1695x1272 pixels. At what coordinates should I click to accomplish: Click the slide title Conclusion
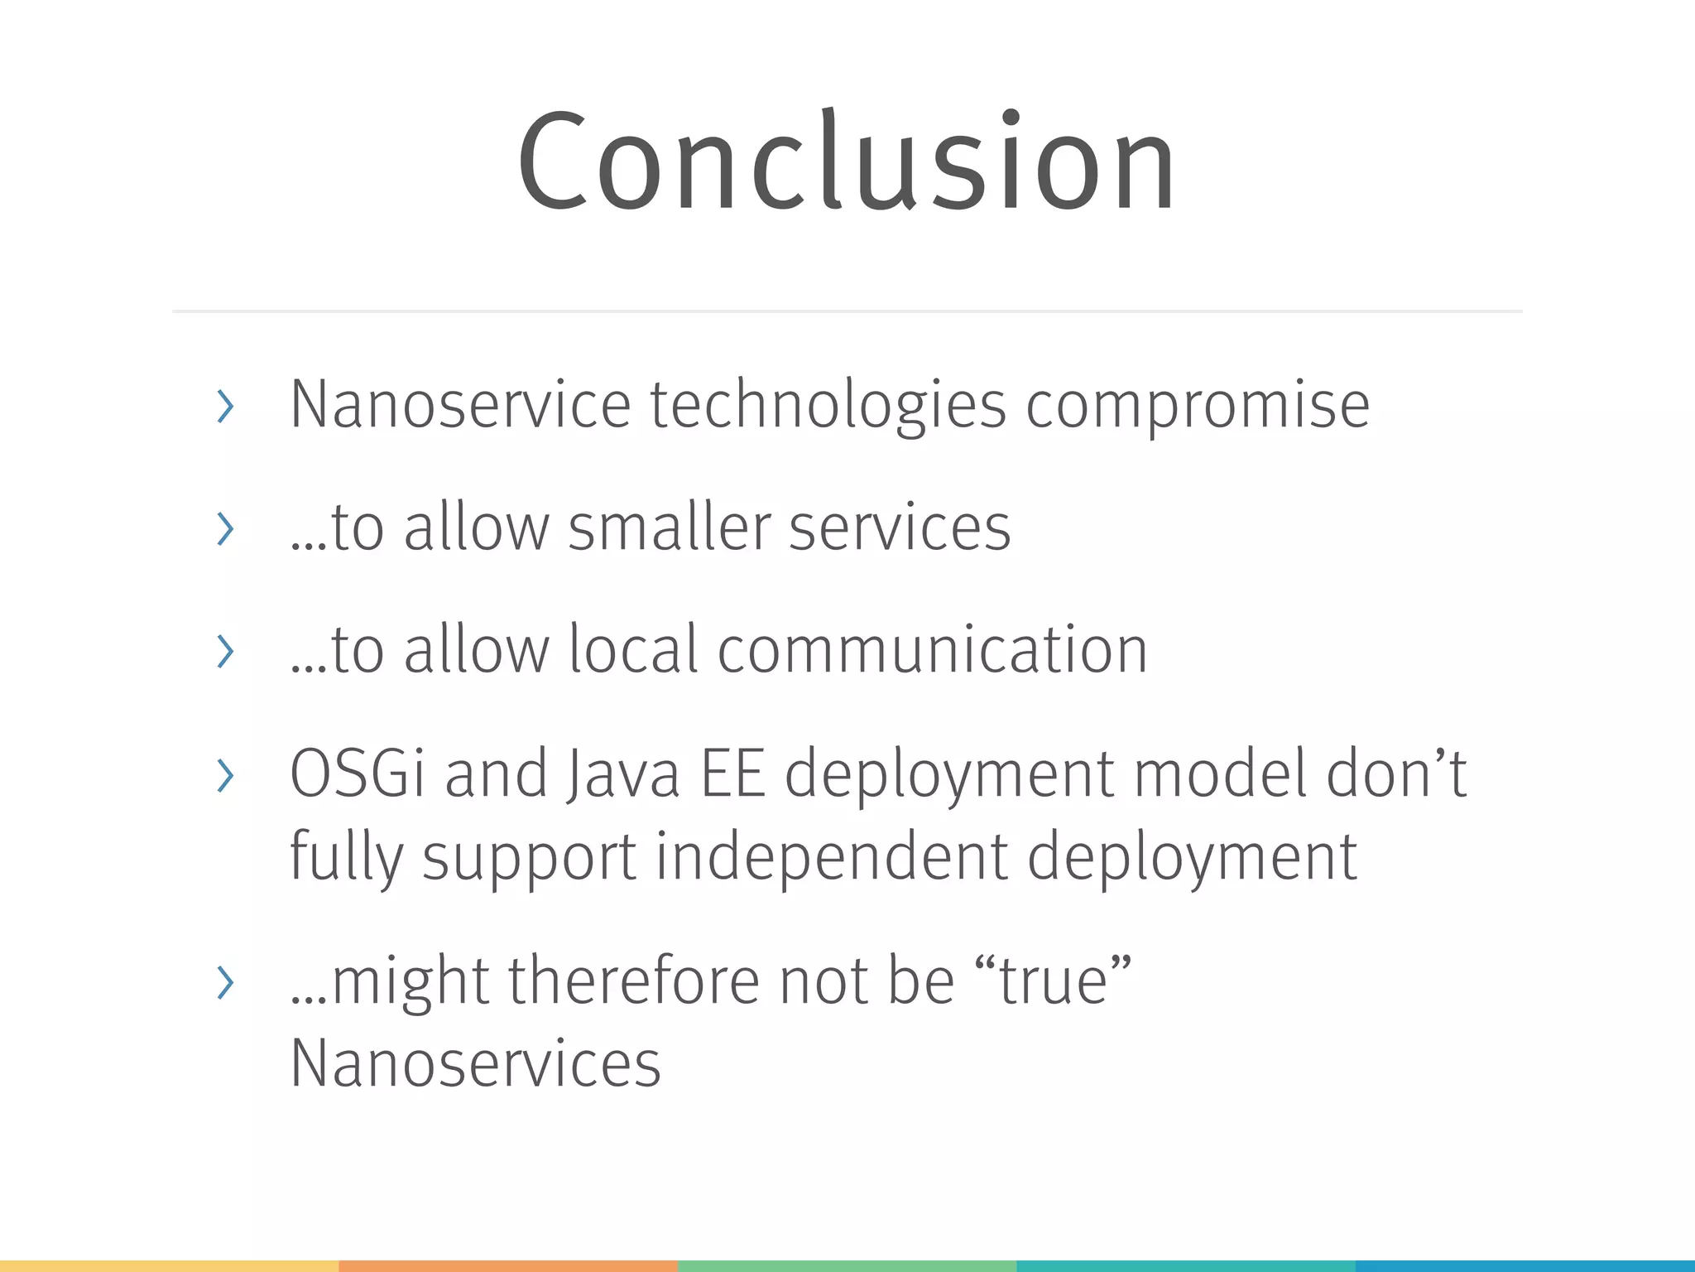coord(846,161)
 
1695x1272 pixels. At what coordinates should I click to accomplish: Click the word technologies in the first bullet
coord(828,406)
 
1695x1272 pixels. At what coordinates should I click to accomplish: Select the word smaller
coord(669,528)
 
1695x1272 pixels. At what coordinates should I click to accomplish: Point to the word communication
coord(932,650)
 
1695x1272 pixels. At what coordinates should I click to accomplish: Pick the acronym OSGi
coord(358,774)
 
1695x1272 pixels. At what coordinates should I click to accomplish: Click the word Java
coord(622,774)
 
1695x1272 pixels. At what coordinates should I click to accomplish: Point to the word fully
coord(346,857)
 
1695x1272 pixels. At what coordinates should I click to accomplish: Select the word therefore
coord(633,981)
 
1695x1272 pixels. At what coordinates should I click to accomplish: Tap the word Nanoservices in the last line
coord(475,1064)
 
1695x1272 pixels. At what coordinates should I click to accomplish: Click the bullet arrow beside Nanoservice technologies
coord(224,407)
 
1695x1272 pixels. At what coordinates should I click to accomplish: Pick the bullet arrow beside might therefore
coord(224,983)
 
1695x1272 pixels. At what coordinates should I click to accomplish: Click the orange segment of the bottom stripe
coord(508,1266)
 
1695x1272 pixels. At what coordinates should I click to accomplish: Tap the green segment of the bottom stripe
coord(847,1266)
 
